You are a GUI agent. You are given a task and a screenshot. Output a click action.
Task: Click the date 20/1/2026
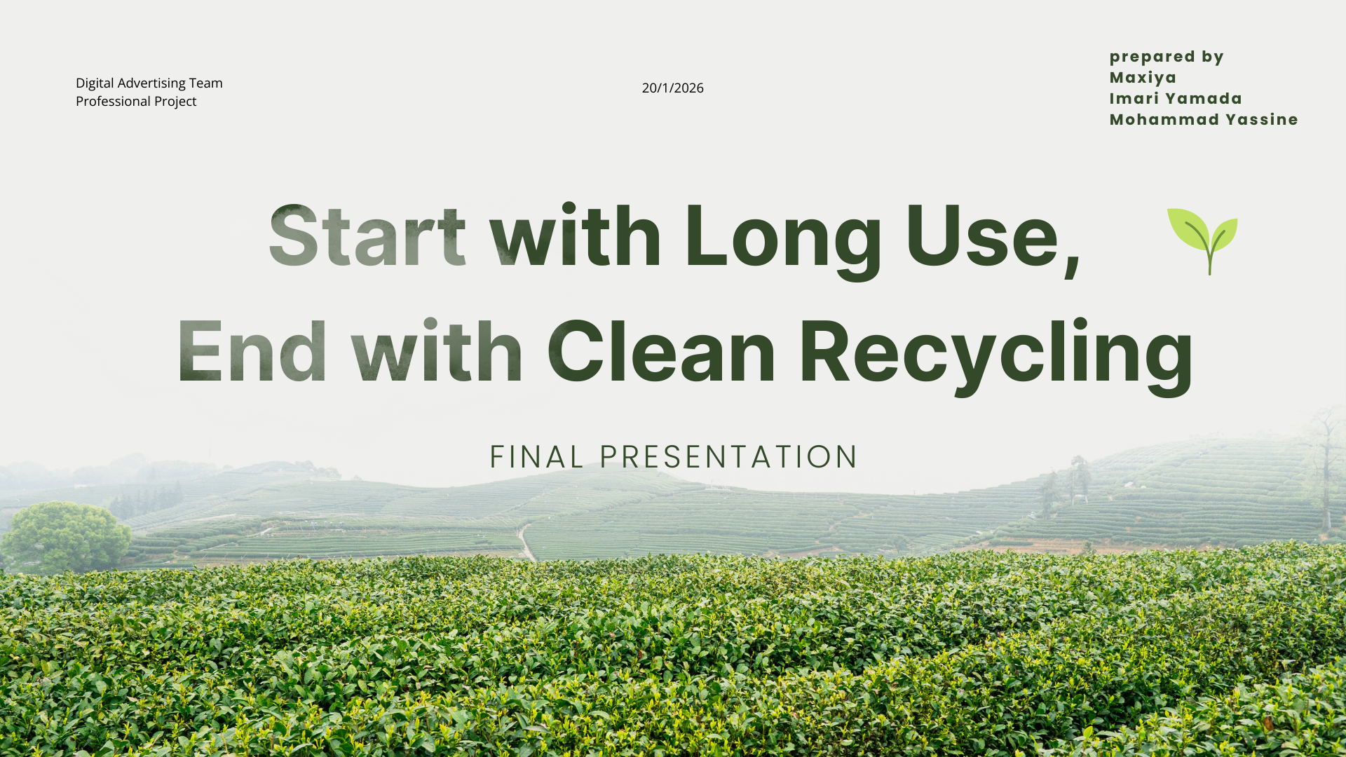pyautogui.click(x=672, y=88)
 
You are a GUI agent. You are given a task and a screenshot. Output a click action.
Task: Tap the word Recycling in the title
pyautogui.click(x=996, y=356)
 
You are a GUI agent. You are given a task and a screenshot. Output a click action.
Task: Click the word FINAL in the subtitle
pyautogui.click(x=537, y=457)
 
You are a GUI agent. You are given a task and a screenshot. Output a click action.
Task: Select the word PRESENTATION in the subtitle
pyautogui.click(x=729, y=457)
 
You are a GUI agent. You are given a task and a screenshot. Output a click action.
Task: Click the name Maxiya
pyautogui.click(x=1143, y=78)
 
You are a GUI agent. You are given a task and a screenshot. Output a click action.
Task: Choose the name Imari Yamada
pyautogui.click(x=1176, y=99)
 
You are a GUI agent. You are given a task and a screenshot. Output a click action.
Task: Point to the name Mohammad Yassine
pyautogui.click(x=1204, y=120)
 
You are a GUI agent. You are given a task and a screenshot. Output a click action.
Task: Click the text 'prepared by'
pyautogui.click(x=1167, y=57)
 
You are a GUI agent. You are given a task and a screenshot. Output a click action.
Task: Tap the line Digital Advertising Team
pyautogui.click(x=149, y=83)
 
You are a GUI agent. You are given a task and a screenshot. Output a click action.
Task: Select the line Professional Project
pyautogui.click(x=136, y=101)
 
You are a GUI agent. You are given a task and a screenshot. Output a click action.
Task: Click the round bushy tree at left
pyautogui.click(x=67, y=536)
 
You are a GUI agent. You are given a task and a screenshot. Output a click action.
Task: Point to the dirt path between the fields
pyautogui.click(x=526, y=543)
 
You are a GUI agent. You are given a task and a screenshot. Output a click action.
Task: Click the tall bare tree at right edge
pyautogui.click(x=1324, y=470)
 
